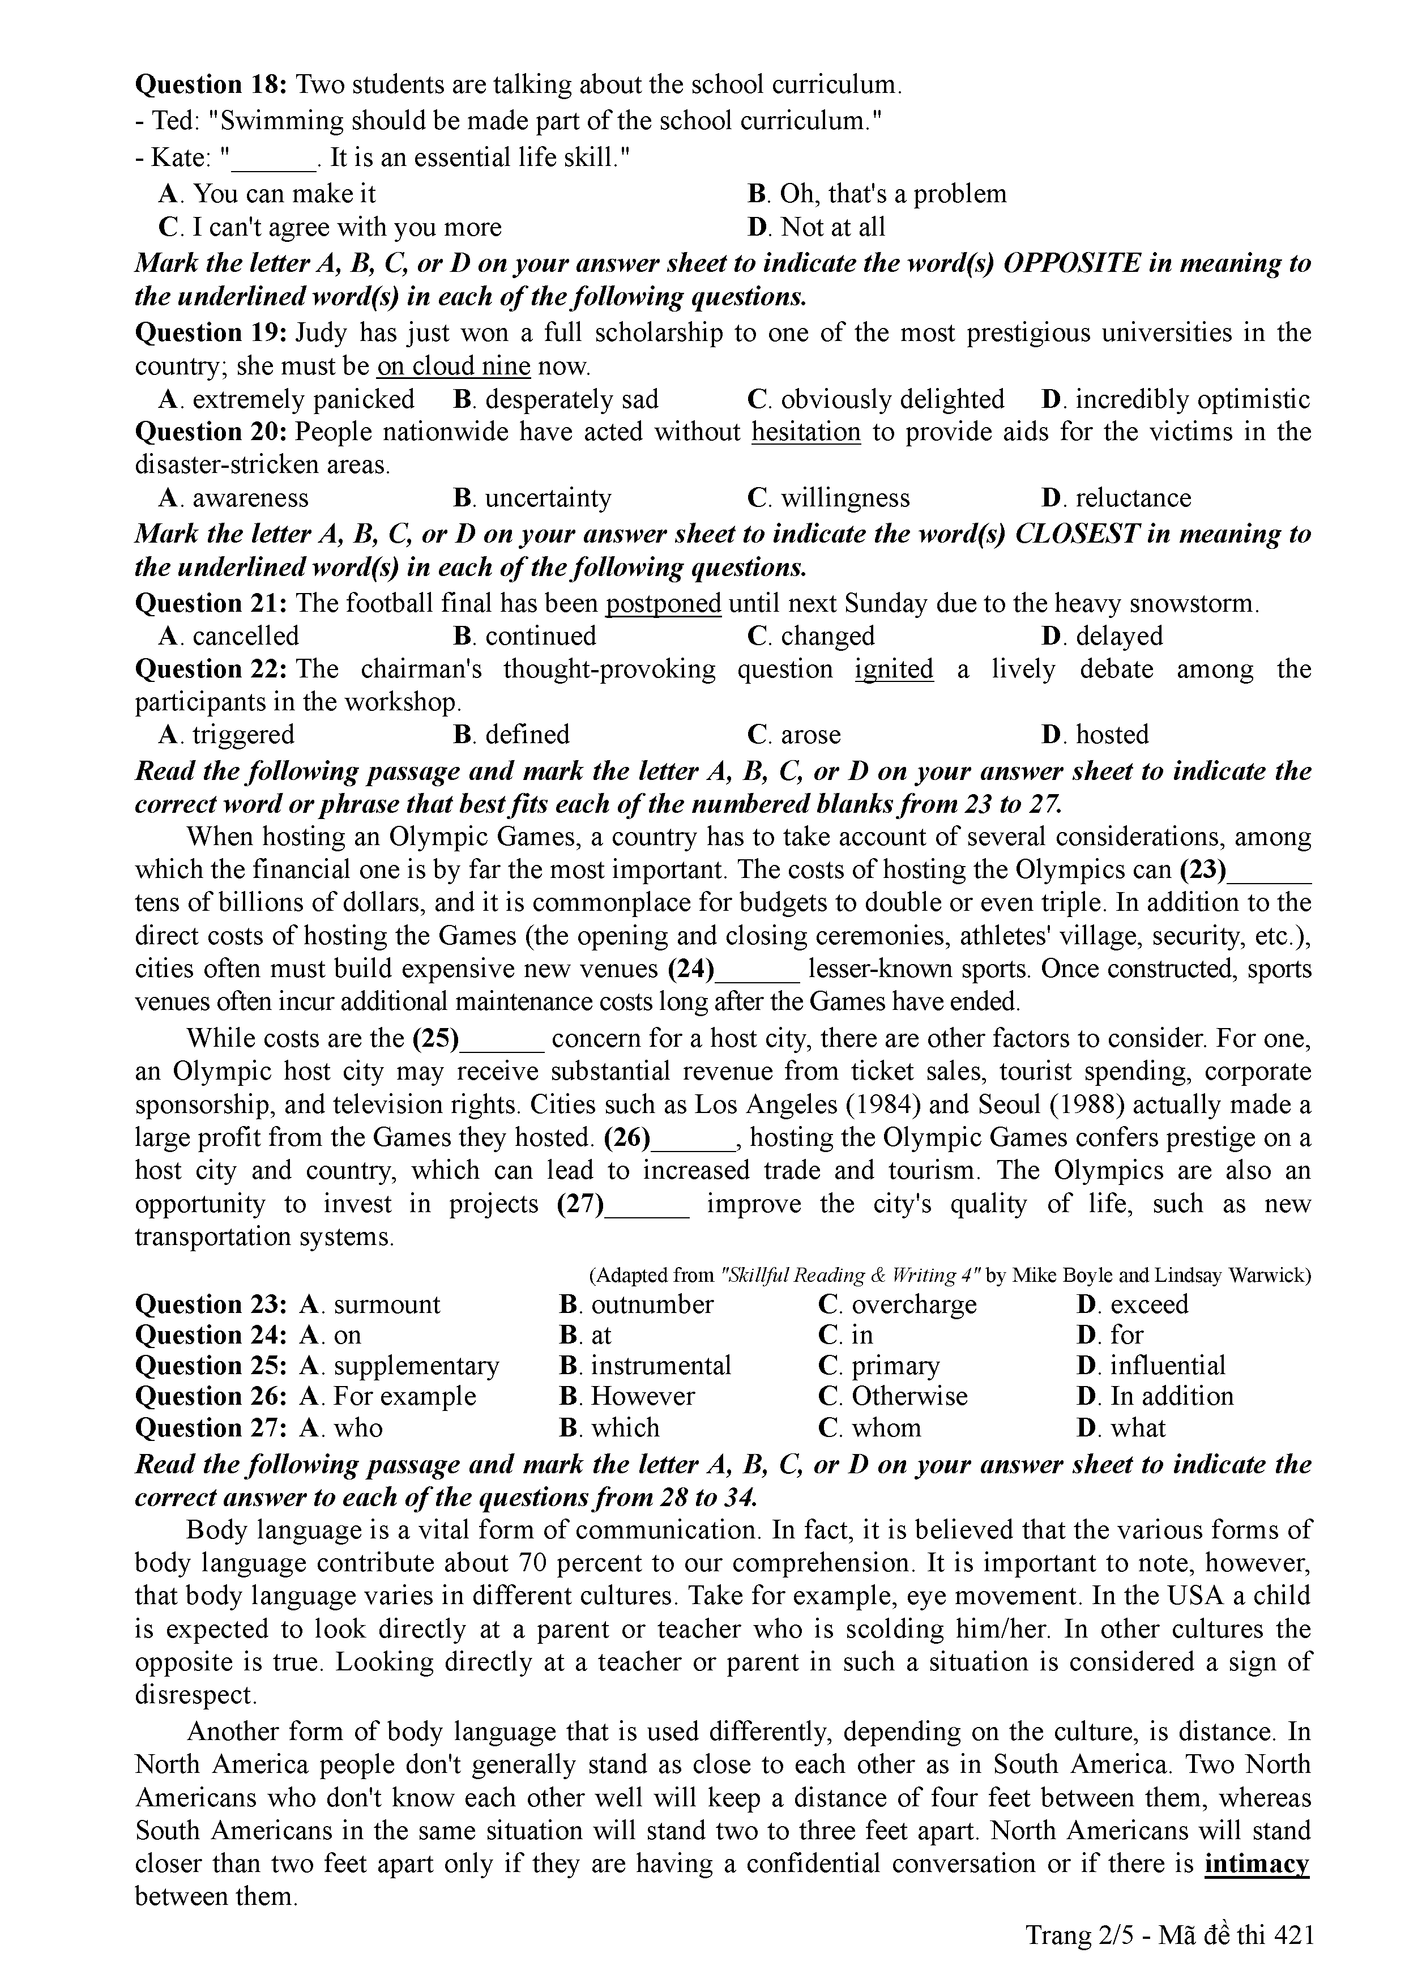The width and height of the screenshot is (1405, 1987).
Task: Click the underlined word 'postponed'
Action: pos(664,603)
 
